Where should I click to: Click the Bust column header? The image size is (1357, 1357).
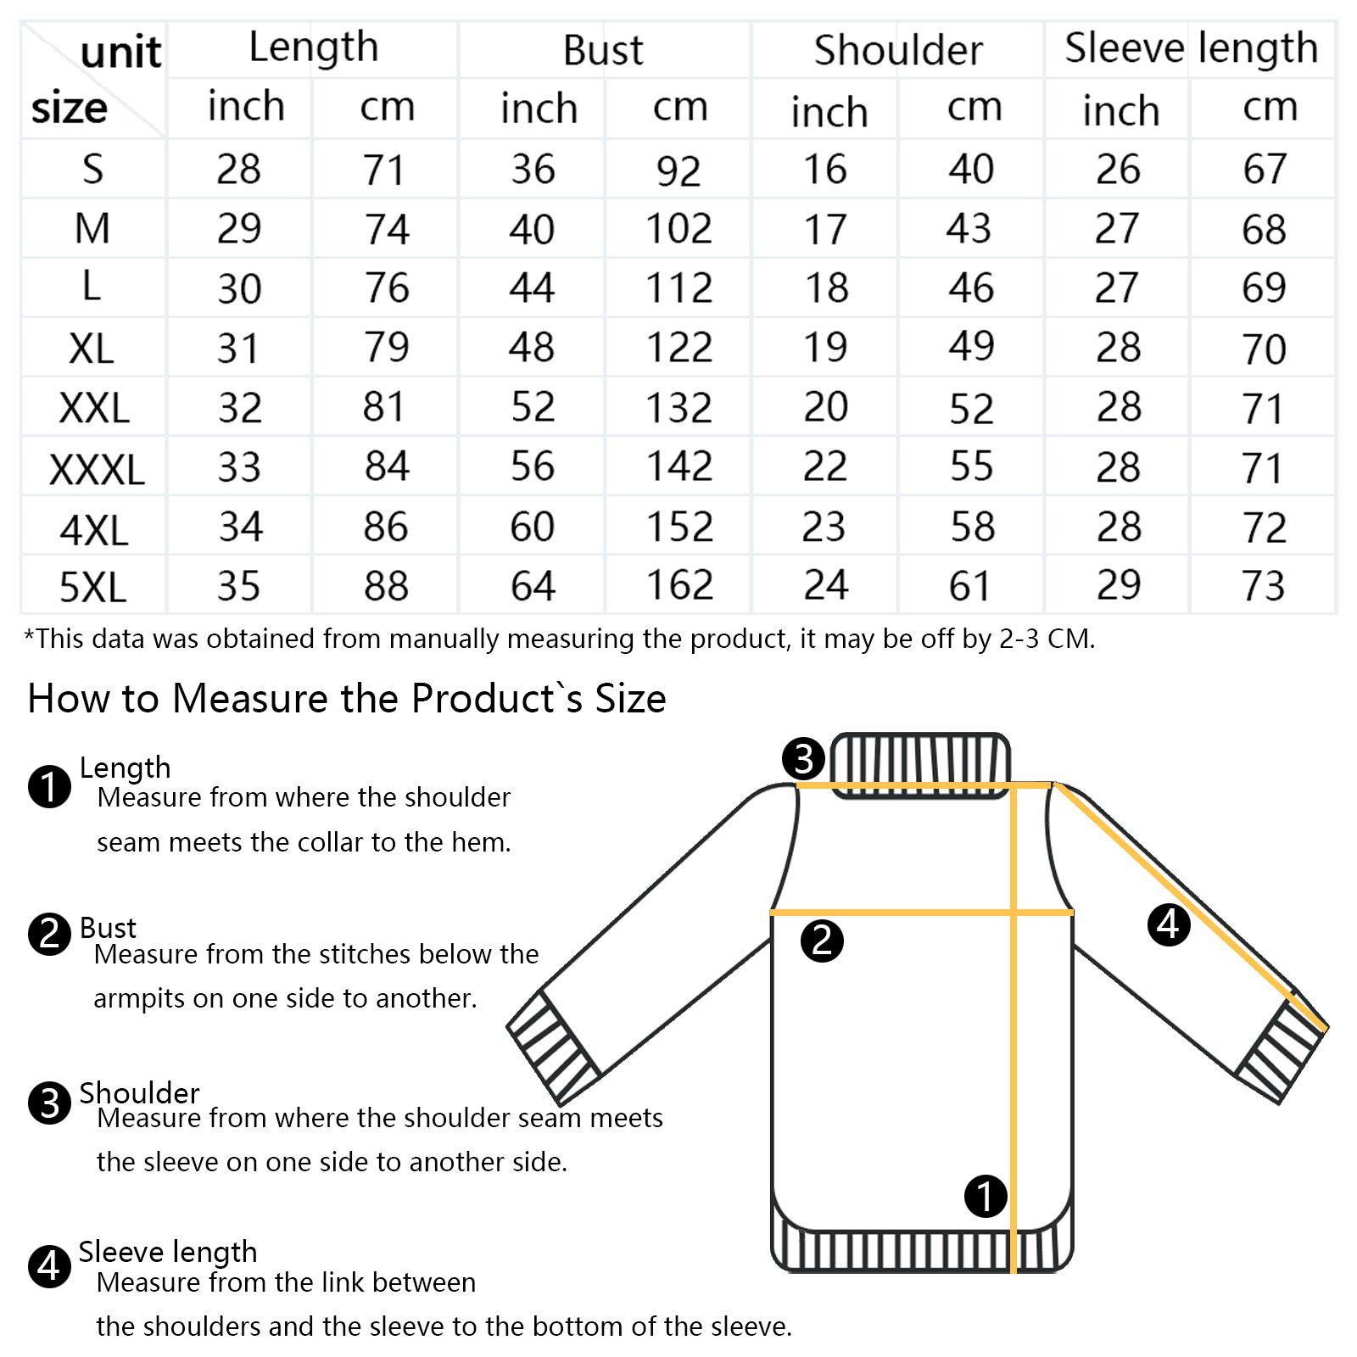pyautogui.click(x=603, y=50)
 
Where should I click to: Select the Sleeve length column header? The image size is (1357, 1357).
pyautogui.click(x=1191, y=48)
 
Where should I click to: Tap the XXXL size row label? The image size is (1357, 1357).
pyautogui.click(x=97, y=469)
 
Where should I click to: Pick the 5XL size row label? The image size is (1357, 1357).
pyautogui.click(x=92, y=587)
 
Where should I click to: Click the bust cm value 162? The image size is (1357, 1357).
pyautogui.click(x=679, y=584)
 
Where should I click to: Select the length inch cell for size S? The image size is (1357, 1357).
pyautogui.click(x=238, y=169)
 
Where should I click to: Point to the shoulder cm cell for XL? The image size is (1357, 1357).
pyautogui.click(x=971, y=346)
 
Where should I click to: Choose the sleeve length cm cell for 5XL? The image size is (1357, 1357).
pyautogui.click(x=1264, y=585)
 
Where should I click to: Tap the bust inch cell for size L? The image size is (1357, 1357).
pyautogui.click(x=532, y=288)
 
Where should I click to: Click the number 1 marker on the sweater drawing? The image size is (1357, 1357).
pyautogui.click(x=986, y=1197)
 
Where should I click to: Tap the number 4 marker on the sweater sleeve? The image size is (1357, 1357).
pyautogui.click(x=1169, y=924)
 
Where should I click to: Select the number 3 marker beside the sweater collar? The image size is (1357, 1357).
pyautogui.click(x=803, y=758)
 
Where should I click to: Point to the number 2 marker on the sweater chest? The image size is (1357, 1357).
pyautogui.click(x=822, y=941)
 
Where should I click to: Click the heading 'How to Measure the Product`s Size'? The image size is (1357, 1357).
pyautogui.click(x=347, y=699)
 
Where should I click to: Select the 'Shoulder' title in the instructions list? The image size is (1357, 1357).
pyautogui.click(x=139, y=1093)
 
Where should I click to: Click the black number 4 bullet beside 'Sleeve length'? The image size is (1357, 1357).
pyautogui.click(x=50, y=1267)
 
